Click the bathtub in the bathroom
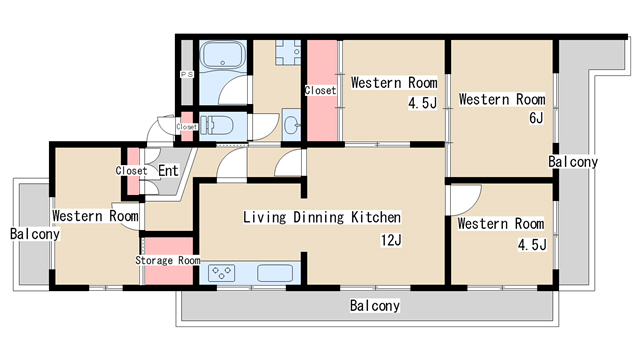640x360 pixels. point(223,55)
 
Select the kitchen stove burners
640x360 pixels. point(221,273)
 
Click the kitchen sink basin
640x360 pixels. point(275,273)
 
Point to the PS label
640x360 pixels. point(187,75)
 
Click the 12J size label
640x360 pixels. point(391,240)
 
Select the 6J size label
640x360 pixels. point(536,118)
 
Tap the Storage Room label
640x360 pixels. point(168,260)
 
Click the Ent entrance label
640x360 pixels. point(168,171)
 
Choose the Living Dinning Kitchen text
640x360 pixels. point(322,217)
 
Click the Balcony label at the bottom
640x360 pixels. point(375,306)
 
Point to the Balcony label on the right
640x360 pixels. point(573,162)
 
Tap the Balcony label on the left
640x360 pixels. point(35,234)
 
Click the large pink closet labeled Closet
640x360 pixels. point(322,91)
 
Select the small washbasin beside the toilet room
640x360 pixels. point(291,125)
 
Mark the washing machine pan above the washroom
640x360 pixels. point(288,53)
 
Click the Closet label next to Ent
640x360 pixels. point(131,170)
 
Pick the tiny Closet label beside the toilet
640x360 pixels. point(187,127)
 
